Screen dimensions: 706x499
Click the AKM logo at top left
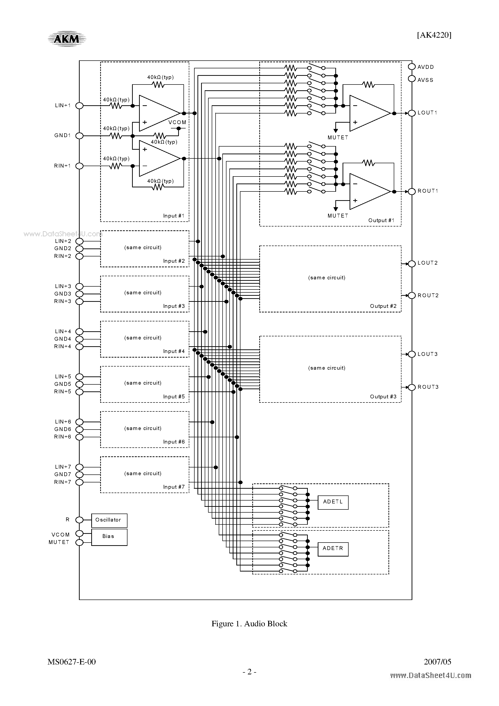click(67, 39)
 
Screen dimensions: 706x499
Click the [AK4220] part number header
click(434, 35)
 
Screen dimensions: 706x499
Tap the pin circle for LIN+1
click(79, 106)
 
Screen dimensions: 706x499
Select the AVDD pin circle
click(412, 66)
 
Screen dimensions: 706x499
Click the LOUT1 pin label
click(427, 113)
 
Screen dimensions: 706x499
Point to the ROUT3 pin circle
click(412, 387)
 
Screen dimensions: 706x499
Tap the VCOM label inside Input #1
click(177, 122)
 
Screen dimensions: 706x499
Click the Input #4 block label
click(174, 351)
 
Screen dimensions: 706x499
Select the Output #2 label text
click(383, 306)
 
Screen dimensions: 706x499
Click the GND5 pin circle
click(79, 384)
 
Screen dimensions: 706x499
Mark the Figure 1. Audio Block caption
click(249, 624)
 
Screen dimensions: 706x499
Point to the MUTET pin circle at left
click(79, 542)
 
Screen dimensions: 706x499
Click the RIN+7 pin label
click(63, 482)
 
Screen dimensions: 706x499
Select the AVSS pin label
click(425, 80)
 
